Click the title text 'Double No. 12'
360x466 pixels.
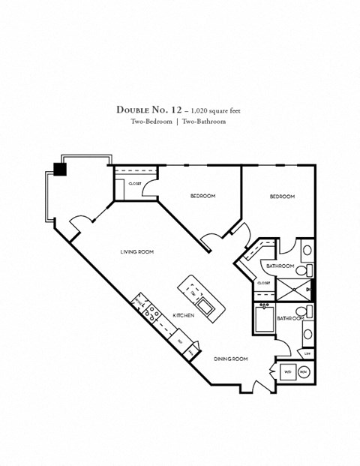pyautogui.click(x=146, y=110)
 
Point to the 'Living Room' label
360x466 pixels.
pyautogui.click(x=136, y=252)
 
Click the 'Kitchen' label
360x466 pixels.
pyautogui.click(x=184, y=316)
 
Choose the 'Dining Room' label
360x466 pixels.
pyautogui.click(x=229, y=359)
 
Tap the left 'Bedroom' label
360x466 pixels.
pyautogui.click(x=202, y=197)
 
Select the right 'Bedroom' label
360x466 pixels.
pyautogui.click(x=282, y=197)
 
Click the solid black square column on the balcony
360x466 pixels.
pyautogui.click(x=60, y=169)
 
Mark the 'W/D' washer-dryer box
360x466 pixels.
pyautogui.click(x=287, y=371)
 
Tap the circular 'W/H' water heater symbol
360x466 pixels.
pyautogui.click(x=304, y=371)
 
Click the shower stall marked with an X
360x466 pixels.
pyautogui.click(x=289, y=288)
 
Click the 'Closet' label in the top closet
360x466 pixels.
pyautogui.click(x=135, y=182)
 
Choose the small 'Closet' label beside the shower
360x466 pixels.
pyautogui.click(x=264, y=283)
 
